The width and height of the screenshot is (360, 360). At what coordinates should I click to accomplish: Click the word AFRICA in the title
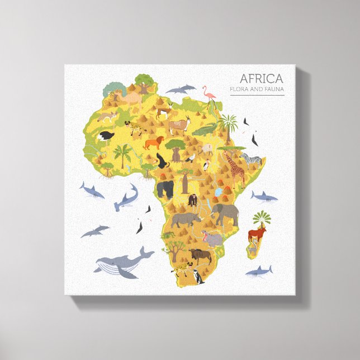coord(261,78)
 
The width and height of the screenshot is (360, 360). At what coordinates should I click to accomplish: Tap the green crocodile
coord(205,130)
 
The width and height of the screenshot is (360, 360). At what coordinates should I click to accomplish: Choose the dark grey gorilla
coord(165,189)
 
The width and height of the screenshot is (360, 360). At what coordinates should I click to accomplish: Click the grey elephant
coord(225,213)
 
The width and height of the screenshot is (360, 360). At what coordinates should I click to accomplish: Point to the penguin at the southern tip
coord(196,277)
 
